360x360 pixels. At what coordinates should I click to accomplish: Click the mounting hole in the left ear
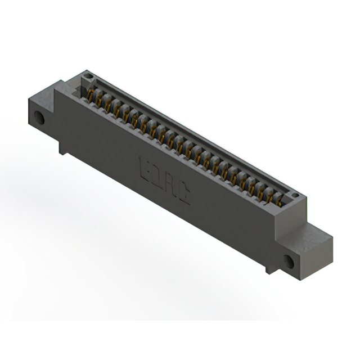(x=39, y=118)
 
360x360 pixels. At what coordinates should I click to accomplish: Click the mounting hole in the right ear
(x=289, y=262)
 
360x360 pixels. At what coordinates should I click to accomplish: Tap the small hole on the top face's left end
(x=88, y=75)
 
